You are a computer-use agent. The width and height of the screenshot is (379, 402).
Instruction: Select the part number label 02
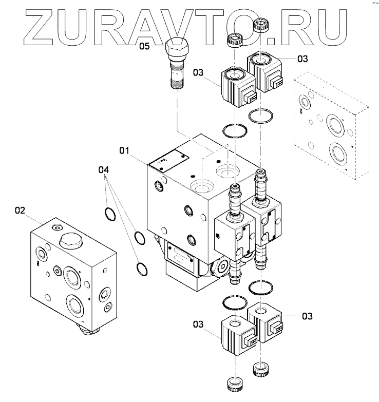click(x=20, y=210)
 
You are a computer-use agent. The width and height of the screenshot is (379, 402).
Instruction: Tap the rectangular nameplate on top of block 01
click(x=168, y=160)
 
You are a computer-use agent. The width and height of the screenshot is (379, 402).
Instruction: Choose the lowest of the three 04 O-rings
click(x=142, y=267)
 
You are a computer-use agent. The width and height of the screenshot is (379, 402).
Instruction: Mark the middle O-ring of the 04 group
click(x=139, y=237)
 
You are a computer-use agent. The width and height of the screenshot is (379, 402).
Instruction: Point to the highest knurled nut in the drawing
click(x=262, y=23)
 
